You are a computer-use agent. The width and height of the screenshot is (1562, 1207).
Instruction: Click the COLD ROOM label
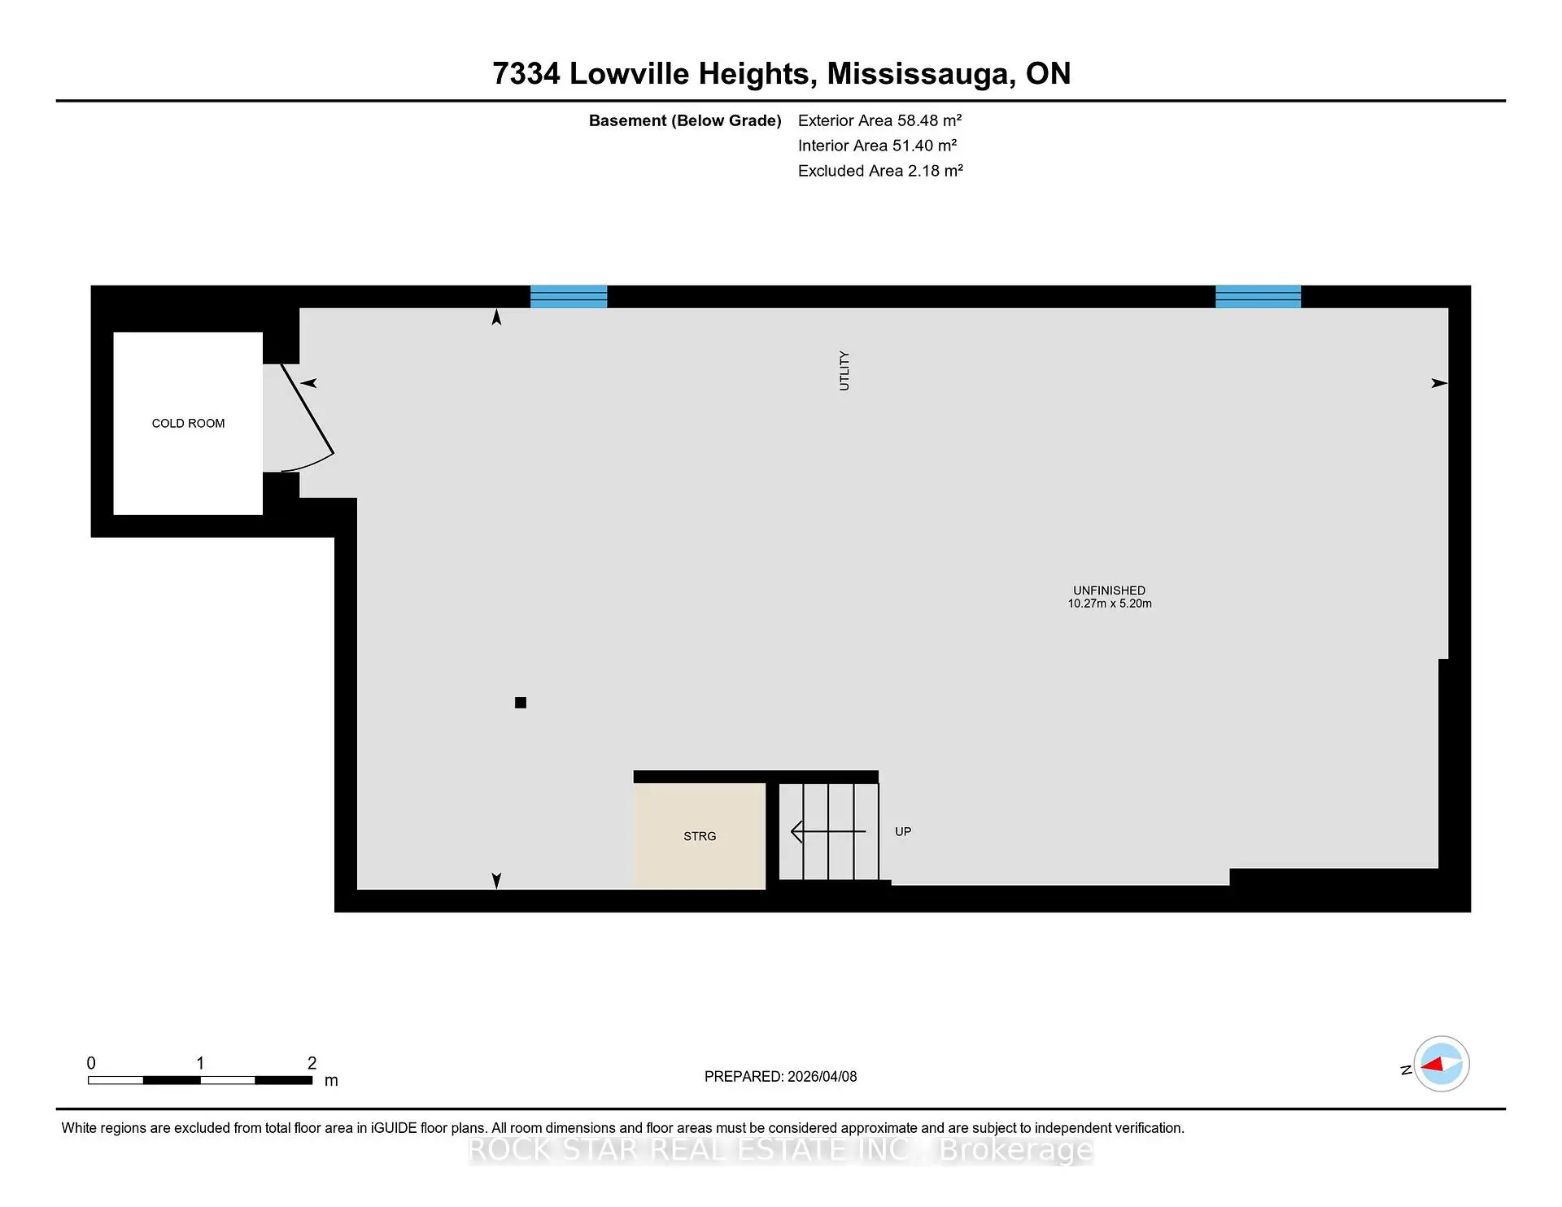pos(188,423)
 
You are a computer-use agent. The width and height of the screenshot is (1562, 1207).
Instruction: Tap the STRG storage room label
pos(700,836)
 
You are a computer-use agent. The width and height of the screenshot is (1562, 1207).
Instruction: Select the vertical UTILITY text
pos(844,371)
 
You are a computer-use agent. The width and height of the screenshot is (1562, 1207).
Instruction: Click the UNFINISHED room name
pos(1109,590)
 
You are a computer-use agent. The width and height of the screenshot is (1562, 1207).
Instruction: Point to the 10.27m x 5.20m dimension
pos(1110,603)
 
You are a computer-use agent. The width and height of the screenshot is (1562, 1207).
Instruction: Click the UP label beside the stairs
pos(903,831)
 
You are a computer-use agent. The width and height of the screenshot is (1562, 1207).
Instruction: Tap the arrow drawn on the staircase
pos(828,831)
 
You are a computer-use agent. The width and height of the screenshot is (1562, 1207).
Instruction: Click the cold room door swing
pos(307,419)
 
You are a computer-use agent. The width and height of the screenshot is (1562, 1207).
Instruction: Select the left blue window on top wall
pos(569,296)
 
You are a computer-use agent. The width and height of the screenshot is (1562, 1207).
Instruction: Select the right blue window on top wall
pos(1258,296)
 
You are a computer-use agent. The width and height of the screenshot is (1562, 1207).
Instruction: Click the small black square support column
pos(521,703)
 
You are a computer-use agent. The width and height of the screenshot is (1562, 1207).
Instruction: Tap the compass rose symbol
pos(1441,1064)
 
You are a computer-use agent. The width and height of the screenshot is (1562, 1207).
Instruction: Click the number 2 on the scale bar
pos(312,1063)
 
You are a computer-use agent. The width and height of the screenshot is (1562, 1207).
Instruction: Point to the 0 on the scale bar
pos(91,1063)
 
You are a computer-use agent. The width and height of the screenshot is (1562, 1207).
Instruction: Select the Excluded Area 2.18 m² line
pos(880,171)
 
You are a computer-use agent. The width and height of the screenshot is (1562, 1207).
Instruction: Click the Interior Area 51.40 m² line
pos(877,146)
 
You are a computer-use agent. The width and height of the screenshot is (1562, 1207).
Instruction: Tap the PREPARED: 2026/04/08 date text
pos(780,1076)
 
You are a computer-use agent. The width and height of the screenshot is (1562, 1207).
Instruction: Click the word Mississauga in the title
pos(920,74)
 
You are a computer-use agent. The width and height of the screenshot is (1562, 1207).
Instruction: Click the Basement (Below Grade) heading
pos(685,120)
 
